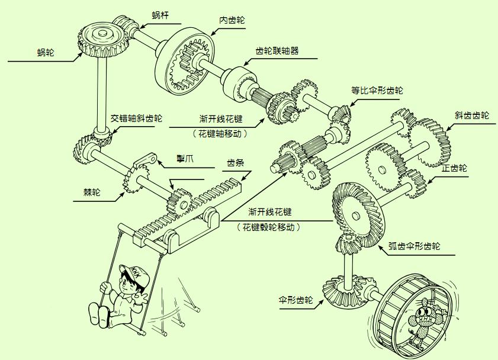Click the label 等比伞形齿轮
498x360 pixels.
pos(377,91)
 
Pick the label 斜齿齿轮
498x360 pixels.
pos(471,115)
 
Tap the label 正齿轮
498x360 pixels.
pos(454,168)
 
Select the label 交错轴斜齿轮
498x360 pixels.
pos(137,118)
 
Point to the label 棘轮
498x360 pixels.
pos(92,192)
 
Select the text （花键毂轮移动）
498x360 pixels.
pos(270,227)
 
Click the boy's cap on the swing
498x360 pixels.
pos(131,273)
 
